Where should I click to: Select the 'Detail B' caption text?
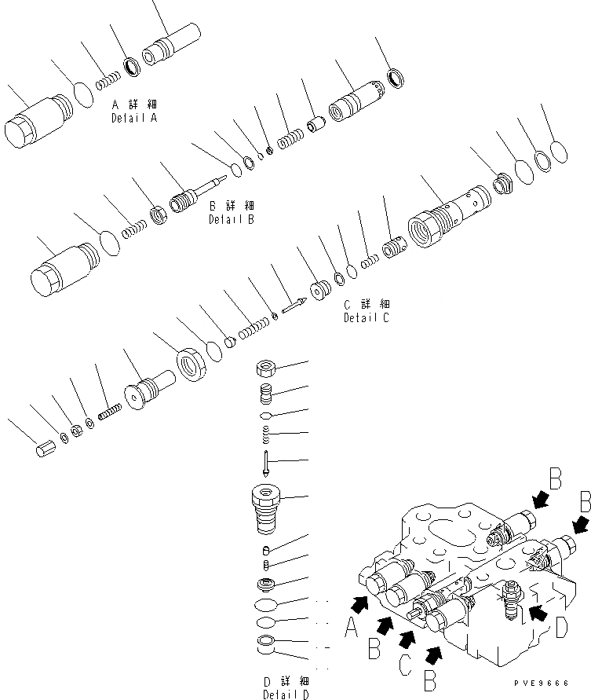click(231, 220)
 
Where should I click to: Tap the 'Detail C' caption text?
click(366, 318)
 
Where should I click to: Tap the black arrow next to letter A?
click(361, 603)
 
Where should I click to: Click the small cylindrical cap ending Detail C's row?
click(46, 454)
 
